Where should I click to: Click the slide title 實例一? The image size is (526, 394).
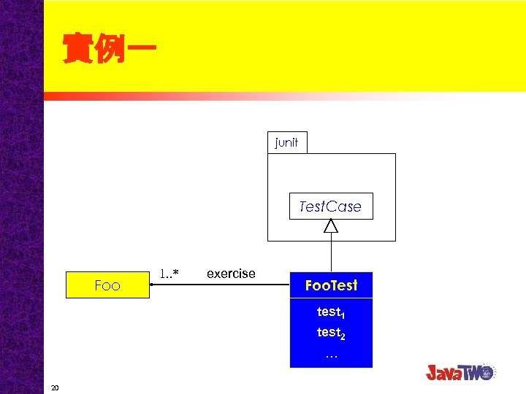[x=108, y=50]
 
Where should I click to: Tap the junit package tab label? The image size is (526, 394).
[x=286, y=142]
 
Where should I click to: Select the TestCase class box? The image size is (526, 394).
[x=330, y=206]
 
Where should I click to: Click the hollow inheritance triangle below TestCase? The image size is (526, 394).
[x=331, y=226]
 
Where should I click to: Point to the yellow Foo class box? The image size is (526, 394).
[x=107, y=285]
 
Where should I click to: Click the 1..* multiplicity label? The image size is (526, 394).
[x=169, y=274]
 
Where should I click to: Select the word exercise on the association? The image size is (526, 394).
[x=231, y=274]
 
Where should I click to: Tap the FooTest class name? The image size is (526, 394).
[x=331, y=285]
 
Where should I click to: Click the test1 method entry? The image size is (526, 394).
[x=330, y=312]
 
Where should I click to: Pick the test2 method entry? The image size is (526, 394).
[x=330, y=333]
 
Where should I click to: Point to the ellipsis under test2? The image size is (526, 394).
[x=331, y=355]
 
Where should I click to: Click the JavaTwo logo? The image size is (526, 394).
[x=461, y=371]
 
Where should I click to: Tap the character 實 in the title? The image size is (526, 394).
[x=77, y=50]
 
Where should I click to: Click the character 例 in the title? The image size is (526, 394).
[x=108, y=50]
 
